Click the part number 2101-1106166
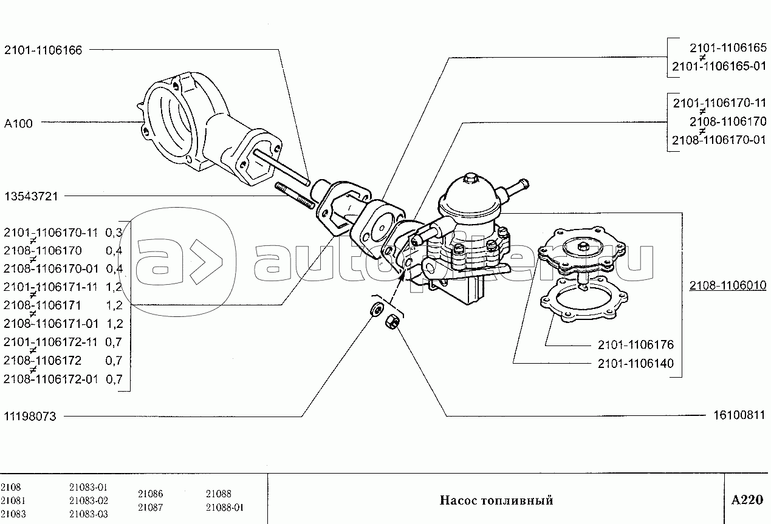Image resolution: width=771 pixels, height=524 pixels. (x=43, y=50)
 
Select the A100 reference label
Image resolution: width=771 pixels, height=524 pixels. (x=18, y=123)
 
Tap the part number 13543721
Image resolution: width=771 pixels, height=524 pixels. (x=31, y=197)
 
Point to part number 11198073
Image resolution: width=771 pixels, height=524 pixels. (x=30, y=417)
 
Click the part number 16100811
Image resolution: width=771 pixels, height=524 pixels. (x=739, y=415)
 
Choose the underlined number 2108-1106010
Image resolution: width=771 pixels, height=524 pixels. (x=728, y=285)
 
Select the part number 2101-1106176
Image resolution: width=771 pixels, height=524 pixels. (x=636, y=344)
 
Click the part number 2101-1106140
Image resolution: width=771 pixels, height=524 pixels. (x=636, y=363)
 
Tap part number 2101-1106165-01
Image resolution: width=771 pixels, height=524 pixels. (x=719, y=66)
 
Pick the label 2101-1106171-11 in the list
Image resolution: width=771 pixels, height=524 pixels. (x=51, y=287)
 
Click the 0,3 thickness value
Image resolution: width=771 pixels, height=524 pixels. (x=114, y=233)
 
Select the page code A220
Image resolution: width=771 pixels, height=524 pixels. (x=747, y=500)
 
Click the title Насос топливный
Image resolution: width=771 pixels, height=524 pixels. (x=496, y=500)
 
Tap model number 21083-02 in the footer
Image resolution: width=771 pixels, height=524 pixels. (x=89, y=500)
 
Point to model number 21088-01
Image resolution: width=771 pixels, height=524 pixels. (x=225, y=507)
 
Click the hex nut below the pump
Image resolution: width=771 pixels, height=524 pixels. (x=392, y=322)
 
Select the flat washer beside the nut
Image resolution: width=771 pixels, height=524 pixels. (x=377, y=308)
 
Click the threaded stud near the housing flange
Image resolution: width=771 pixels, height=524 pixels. (x=295, y=196)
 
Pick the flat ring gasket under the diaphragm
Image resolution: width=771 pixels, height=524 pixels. (x=584, y=301)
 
